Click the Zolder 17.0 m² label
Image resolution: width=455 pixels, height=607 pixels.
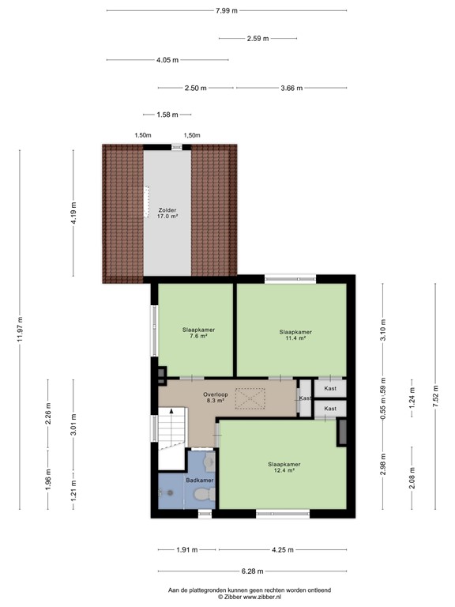coord(167,212)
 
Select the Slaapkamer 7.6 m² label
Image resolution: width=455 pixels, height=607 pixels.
coord(198,333)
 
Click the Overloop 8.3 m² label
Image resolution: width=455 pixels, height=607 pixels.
coord(214,397)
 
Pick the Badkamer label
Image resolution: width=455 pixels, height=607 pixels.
coord(199,480)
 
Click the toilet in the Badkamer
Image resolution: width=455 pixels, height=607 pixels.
coord(204,495)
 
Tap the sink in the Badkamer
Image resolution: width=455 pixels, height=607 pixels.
coord(209,460)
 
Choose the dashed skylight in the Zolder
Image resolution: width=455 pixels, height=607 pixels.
coord(146,201)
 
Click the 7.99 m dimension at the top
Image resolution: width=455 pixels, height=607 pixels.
coord(226,10)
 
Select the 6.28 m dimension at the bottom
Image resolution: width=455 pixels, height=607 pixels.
coord(252,571)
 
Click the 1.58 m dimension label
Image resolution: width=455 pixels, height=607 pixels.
coord(167,115)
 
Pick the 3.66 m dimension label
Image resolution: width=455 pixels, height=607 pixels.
coord(291,89)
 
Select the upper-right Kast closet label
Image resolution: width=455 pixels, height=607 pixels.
coord(330,389)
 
